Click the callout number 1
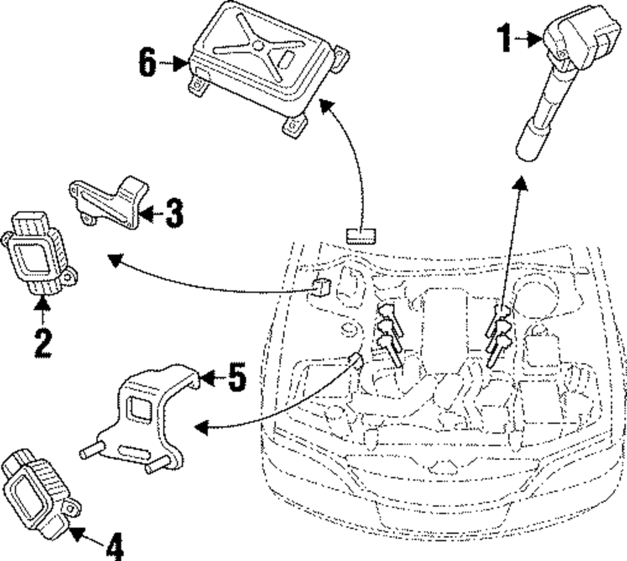click(x=505, y=38)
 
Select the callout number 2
click(x=43, y=343)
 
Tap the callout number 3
click(x=174, y=213)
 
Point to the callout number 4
click(x=115, y=547)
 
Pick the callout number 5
click(x=237, y=377)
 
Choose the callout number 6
click(x=147, y=62)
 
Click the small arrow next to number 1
click(x=528, y=39)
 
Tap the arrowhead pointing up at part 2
click(x=42, y=304)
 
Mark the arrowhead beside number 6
click(x=181, y=63)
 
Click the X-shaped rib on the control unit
click(x=260, y=46)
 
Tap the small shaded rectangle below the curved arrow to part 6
click(x=361, y=235)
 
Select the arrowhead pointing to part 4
click(x=76, y=533)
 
